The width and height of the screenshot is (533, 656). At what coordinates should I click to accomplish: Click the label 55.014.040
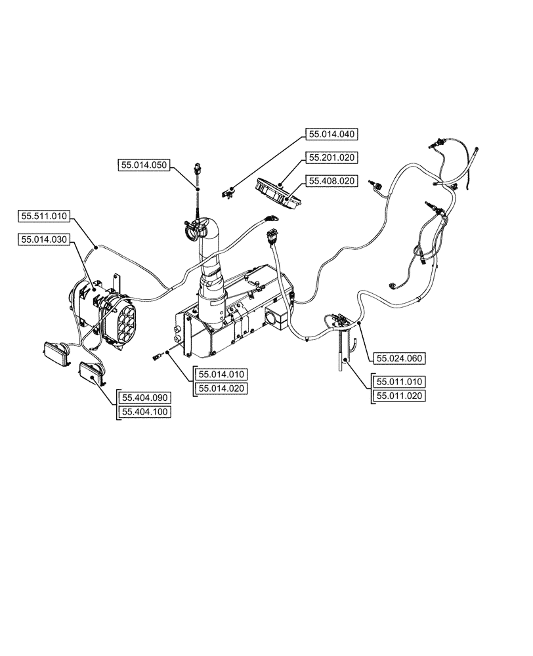coord(332,134)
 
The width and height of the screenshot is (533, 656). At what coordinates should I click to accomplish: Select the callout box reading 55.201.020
coord(332,157)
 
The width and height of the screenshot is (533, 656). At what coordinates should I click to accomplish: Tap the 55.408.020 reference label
coord(332,180)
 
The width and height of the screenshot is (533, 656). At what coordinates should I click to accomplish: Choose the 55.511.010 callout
coord(45,216)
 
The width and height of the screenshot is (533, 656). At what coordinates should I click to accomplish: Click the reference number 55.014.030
coord(45,241)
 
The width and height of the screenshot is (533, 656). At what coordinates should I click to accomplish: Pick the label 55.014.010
coord(219,375)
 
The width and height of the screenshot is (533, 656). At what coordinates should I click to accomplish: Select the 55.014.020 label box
coord(219,389)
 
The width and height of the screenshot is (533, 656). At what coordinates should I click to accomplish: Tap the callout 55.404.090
coord(144,398)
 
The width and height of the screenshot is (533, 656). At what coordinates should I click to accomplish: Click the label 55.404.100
coord(144,412)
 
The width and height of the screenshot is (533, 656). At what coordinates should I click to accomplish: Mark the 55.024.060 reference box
coord(399,358)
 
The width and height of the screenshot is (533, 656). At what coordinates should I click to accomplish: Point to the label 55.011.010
coord(399,381)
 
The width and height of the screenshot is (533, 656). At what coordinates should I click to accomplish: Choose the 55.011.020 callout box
coord(399,396)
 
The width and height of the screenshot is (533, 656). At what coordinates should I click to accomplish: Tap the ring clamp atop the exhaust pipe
coord(196,230)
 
